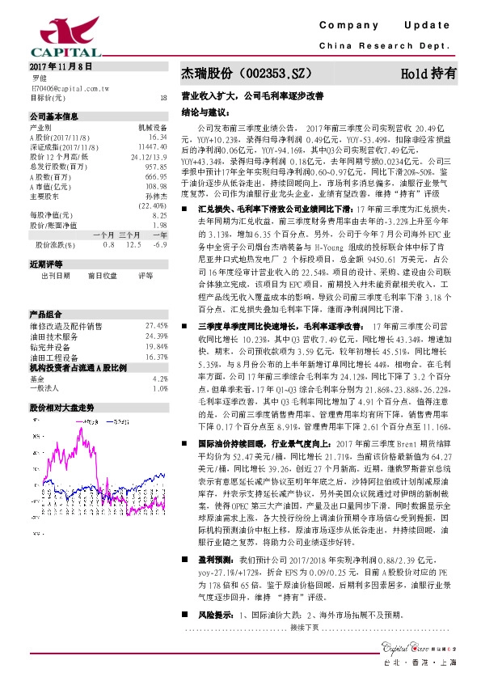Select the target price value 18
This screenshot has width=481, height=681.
164,98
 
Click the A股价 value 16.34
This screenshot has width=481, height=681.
158,137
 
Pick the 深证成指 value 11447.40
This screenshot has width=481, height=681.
153,146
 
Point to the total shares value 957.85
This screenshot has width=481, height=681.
156,166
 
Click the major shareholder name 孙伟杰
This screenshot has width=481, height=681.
156,196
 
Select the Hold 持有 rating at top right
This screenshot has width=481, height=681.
428,73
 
